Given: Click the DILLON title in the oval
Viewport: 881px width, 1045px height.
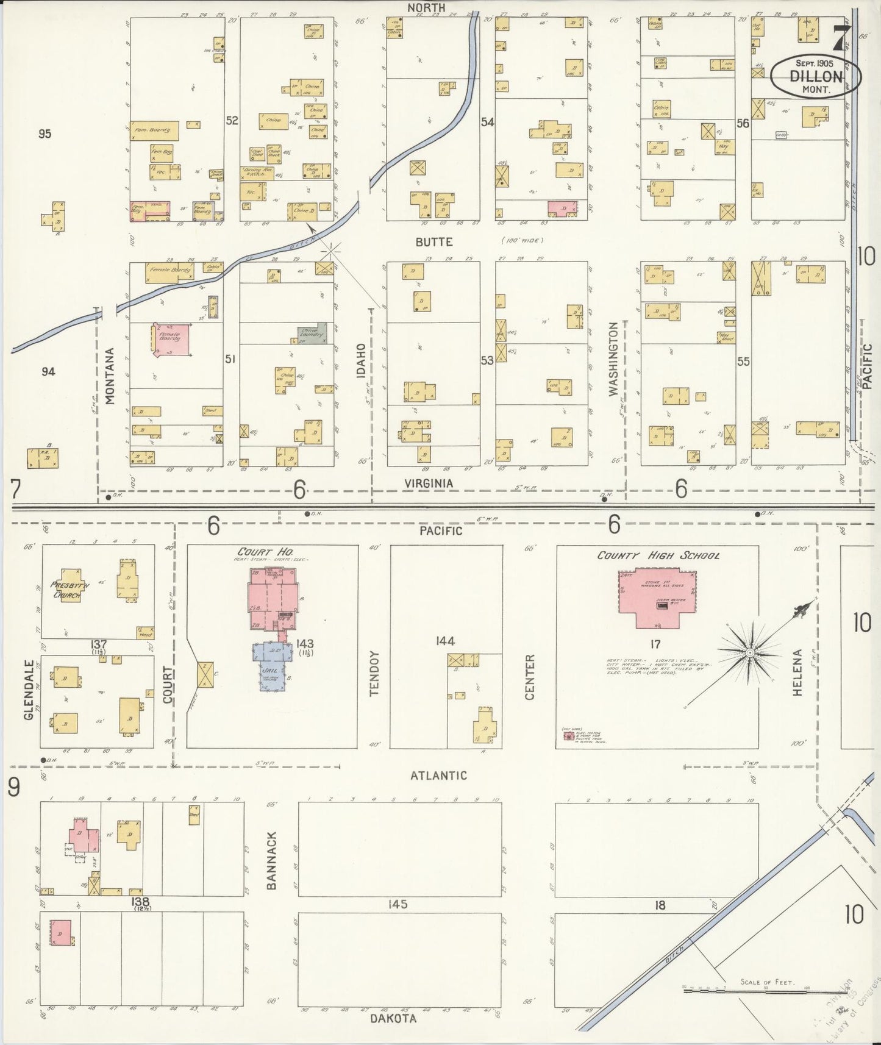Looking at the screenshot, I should click(816, 77).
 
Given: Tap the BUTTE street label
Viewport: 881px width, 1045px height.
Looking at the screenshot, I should click(433, 242).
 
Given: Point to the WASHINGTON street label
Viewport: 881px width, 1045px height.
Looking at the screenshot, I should click(614, 360).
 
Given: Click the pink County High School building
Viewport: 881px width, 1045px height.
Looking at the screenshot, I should click(657, 597).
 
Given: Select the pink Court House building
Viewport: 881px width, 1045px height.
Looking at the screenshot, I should click(273, 599).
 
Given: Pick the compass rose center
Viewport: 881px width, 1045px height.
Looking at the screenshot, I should click(751, 653).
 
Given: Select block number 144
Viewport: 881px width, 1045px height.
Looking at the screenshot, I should click(446, 641).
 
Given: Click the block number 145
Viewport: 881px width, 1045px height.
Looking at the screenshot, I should click(399, 904).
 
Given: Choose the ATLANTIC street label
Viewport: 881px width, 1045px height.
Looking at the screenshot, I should click(438, 776).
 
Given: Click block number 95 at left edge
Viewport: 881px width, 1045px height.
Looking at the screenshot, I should click(44, 134).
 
